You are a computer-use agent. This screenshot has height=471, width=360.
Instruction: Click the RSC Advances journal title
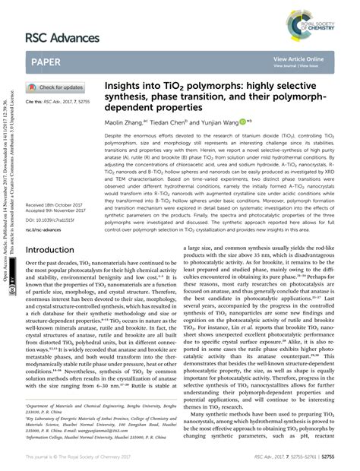click(63, 38)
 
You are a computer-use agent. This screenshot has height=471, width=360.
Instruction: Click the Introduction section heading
click(55, 249)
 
